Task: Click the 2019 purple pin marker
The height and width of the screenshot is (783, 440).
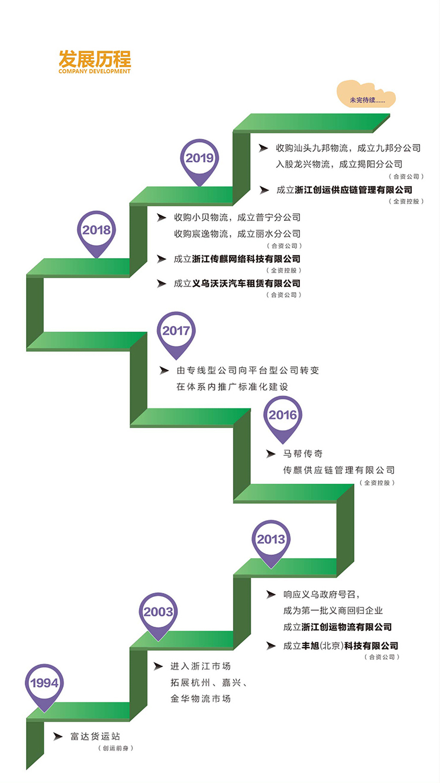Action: [x=199, y=159]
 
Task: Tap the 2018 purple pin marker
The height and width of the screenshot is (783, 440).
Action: [x=96, y=230]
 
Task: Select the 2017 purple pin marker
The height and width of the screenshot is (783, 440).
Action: [x=176, y=331]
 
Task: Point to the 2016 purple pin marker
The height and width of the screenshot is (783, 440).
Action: [x=282, y=416]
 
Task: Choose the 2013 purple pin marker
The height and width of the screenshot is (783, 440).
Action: [x=271, y=540]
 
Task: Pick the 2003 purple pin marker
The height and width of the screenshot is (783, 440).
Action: [x=158, y=612]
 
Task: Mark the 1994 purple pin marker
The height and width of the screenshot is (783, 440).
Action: [x=44, y=683]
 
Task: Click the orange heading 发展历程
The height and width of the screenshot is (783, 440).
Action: [x=95, y=59]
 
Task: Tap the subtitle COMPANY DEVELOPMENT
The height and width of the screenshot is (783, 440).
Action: [x=94, y=71]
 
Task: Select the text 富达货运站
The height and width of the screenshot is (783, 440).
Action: [x=95, y=736]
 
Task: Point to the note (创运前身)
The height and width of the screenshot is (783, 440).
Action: [x=116, y=748]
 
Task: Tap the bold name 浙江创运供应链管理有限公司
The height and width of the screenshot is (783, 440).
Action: [x=353, y=190]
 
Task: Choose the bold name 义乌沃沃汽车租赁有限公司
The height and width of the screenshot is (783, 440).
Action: [x=246, y=283]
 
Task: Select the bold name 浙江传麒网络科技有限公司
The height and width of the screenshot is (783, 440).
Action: [x=246, y=259]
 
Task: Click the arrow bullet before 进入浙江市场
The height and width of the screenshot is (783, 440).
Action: [x=158, y=666]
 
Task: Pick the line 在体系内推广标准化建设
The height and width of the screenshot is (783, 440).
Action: [x=232, y=387]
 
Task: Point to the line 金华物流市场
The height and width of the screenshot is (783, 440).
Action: [x=200, y=699]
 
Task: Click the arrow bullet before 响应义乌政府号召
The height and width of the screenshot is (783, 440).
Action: [x=271, y=595]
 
